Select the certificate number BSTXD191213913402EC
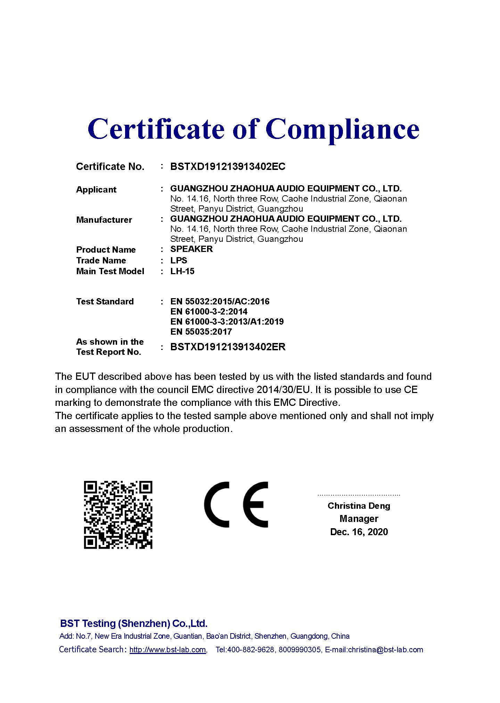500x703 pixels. tap(228, 167)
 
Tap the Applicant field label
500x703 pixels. tap(96, 190)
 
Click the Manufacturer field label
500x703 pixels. tap(104, 220)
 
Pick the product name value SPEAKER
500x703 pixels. tap(191, 249)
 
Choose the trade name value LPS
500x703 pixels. tap(179, 261)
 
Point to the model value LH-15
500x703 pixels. tap(182, 271)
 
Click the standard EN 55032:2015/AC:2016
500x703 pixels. tap(220, 302)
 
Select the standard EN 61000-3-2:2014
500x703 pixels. tap(209, 312)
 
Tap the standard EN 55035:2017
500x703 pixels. tap(201, 332)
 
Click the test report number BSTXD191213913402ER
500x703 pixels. tap(228, 347)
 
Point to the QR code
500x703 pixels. tap(118, 515)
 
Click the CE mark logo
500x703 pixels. tap(236, 505)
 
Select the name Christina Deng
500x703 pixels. tap(359, 506)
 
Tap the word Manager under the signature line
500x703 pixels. tap(359, 519)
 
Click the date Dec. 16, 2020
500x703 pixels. tap(359, 532)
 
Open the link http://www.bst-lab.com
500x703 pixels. tap(167, 650)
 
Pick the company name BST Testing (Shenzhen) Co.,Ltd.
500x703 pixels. tap(134, 623)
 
